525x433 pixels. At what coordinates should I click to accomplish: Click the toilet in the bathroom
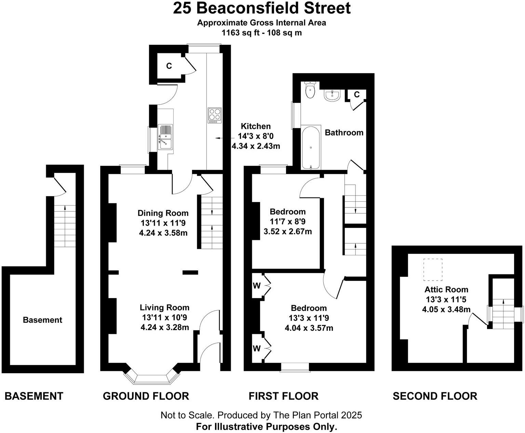310,90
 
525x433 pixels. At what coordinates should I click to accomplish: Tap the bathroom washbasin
332,96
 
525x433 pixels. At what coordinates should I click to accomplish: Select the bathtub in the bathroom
311,147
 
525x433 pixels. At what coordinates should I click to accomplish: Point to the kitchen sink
165,137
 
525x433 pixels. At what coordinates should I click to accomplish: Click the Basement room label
42,320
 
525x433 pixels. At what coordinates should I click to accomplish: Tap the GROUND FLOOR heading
146,396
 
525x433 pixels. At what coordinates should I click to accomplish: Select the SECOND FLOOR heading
435,396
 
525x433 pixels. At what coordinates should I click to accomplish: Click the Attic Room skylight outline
433,269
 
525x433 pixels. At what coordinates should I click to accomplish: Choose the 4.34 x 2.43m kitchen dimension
256,146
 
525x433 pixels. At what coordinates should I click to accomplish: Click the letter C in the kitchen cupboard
169,66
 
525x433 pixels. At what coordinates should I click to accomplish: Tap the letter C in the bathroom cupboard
357,95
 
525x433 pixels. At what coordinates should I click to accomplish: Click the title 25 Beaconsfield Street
262,8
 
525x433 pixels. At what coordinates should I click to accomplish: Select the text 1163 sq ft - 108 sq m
262,33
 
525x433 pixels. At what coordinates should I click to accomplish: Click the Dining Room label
163,213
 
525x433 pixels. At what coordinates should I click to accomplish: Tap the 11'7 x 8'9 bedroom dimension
287,221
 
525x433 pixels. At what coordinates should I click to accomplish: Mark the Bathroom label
344,133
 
